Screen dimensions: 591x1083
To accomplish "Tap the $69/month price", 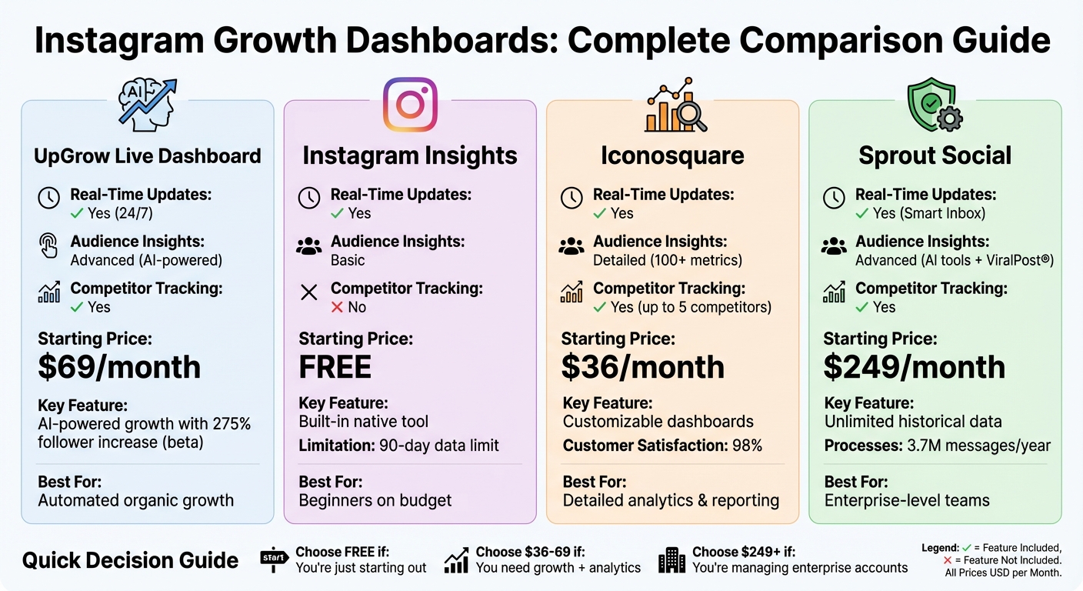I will coord(119,367).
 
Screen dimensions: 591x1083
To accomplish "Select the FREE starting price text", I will coord(335,367).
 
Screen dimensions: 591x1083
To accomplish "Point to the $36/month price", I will coord(643,367).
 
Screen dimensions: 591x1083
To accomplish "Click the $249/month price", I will coord(914,367).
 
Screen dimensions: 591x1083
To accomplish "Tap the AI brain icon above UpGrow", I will coord(146,105).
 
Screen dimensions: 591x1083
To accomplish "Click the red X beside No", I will coord(336,307).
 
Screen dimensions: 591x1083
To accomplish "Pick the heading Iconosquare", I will coord(672,156).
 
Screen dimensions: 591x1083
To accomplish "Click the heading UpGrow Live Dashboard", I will coord(148,156).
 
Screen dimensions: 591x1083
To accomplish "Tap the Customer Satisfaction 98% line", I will coord(662,445).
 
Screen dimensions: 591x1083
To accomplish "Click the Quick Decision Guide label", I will coord(130,560).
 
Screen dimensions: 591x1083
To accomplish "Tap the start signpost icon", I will coord(274,559).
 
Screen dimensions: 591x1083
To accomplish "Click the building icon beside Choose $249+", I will coord(671,560).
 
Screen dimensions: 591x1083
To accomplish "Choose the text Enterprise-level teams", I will coord(907,501).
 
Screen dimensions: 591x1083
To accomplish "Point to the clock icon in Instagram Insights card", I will coord(308,198).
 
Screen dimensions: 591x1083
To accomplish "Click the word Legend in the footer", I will coord(940,548).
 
